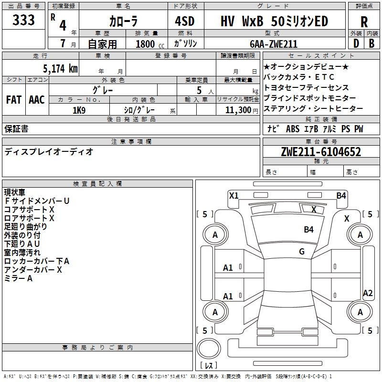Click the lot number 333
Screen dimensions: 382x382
[24, 21]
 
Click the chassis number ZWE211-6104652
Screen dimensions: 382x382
[320, 152]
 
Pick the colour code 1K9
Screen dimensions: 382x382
[79, 110]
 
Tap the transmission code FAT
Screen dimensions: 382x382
[14, 100]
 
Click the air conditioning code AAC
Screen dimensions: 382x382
[37, 100]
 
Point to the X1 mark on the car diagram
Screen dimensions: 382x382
[233, 195]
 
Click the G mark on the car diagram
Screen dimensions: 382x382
[302, 251]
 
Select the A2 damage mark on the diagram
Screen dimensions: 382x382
[368, 293]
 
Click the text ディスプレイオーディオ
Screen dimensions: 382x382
[49, 152]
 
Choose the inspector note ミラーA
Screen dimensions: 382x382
[18, 278]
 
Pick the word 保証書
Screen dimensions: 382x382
[16, 129]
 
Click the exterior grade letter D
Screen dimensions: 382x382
[356, 43]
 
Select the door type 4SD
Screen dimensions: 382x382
[186, 21]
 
